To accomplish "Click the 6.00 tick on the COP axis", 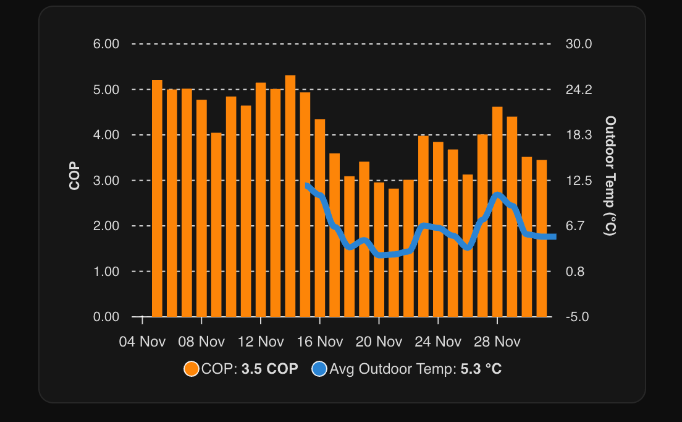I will coord(106,44).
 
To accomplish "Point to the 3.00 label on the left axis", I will coord(106,180).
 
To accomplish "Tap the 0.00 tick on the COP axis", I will coord(106,317).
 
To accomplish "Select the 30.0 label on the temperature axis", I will coord(579,44).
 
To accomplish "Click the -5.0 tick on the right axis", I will coord(579,317).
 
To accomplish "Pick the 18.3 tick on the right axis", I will coord(579,135).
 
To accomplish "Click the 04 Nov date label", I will coord(142,342).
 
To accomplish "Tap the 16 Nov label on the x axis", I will coord(319,342).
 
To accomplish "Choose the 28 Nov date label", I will coord(497,342).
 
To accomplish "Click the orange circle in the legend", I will coord(192,369).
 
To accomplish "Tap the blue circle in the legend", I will coord(319,369).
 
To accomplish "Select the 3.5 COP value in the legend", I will coord(269,369).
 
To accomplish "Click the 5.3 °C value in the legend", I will coord(481,369).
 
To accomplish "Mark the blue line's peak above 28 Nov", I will coord(498,196).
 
